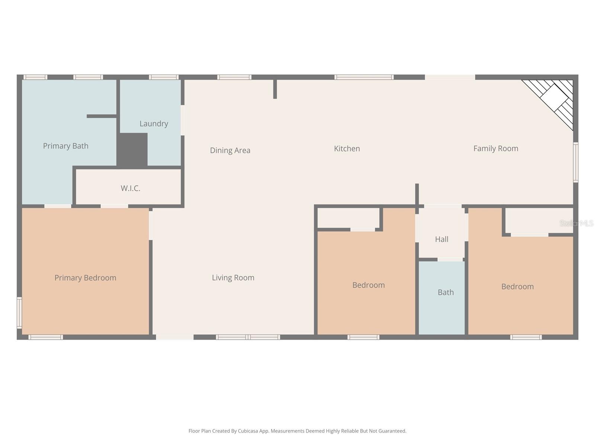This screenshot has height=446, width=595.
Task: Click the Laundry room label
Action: coord(154,123)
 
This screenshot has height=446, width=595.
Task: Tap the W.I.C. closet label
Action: coord(130,188)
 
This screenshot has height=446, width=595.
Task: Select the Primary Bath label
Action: coord(65,146)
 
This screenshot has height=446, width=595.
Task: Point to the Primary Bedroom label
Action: coord(85,278)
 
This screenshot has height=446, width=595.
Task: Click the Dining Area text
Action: coord(230,150)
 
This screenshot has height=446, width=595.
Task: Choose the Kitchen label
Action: coord(347,148)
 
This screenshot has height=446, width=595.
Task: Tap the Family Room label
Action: coord(495,148)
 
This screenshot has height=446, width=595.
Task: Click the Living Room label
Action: coord(233,278)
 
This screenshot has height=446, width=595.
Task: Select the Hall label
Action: coord(441,239)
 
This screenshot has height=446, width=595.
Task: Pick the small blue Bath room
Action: coord(442,297)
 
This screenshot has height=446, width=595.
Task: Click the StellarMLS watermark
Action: coord(576,223)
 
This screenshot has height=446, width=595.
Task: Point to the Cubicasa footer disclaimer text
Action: coord(297,431)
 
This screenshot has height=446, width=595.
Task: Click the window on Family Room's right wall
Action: coord(575,162)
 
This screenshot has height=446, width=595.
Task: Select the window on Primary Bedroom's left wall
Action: coord(19,312)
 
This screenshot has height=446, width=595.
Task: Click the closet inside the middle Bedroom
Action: coord(348,218)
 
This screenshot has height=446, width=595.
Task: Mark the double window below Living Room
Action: coord(248,337)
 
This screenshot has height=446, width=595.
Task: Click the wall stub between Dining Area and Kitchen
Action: coord(275,89)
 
